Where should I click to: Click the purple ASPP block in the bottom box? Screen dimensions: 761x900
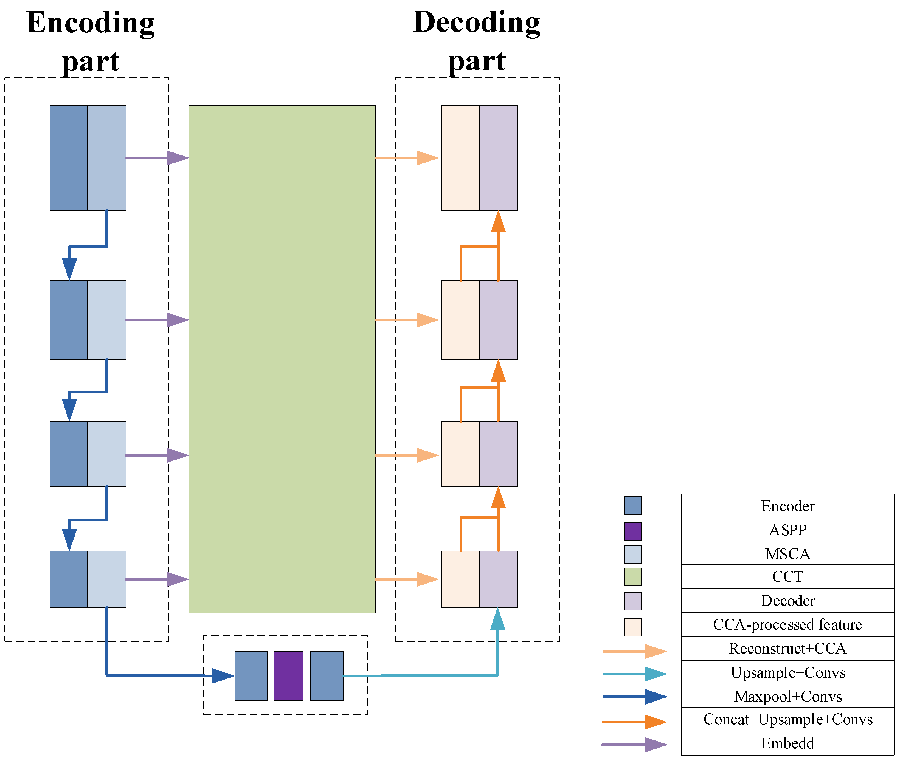[288, 676]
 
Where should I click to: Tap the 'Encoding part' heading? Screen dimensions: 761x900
[90, 41]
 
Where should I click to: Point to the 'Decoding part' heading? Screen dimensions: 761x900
[477, 41]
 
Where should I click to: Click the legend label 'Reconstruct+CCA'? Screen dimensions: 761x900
[787, 648]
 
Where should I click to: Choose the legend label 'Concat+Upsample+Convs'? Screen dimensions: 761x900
[787, 719]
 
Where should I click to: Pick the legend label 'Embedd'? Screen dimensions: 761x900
[787, 743]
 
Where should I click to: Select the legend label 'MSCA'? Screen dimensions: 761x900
[787, 554]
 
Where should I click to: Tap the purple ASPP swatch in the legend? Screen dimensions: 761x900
[632, 531]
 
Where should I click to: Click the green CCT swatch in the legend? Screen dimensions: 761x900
[632, 577]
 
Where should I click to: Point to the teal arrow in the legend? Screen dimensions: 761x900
[635, 674]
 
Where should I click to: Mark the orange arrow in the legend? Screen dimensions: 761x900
[635, 721]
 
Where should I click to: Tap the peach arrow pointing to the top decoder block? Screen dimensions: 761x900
[407, 158]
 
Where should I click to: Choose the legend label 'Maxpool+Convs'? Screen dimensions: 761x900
[787, 696]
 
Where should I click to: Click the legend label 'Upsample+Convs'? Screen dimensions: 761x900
[787, 673]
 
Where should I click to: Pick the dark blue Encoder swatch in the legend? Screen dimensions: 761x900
[632, 506]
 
